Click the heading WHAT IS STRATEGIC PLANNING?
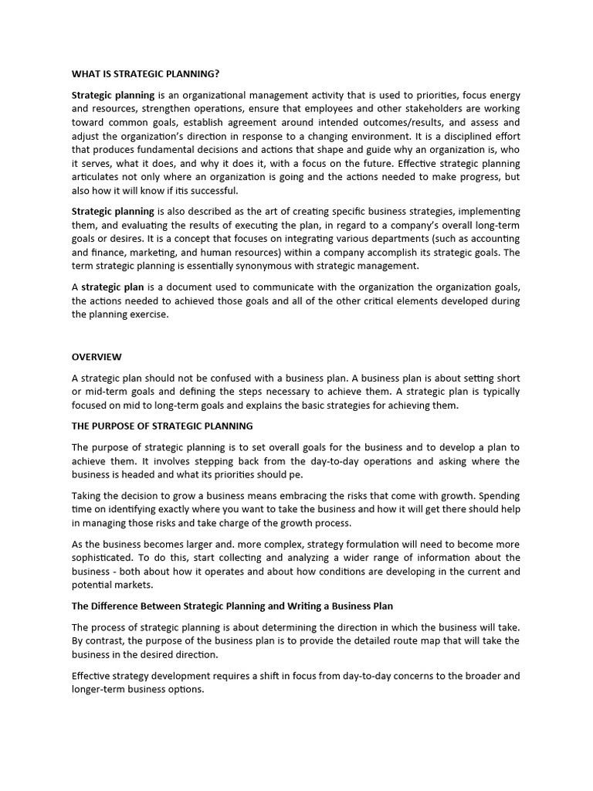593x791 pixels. tap(145, 74)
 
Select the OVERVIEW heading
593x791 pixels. tap(97, 357)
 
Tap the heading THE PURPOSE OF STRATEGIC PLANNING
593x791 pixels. tap(162, 426)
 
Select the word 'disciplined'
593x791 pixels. tap(459, 136)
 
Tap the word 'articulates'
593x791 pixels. tap(97, 177)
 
